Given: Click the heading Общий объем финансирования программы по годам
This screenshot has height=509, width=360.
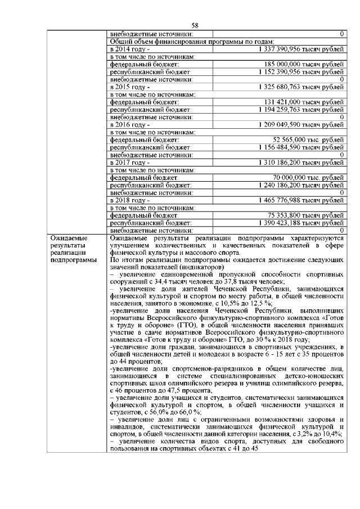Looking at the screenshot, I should pyautogui.click(x=192, y=42).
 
